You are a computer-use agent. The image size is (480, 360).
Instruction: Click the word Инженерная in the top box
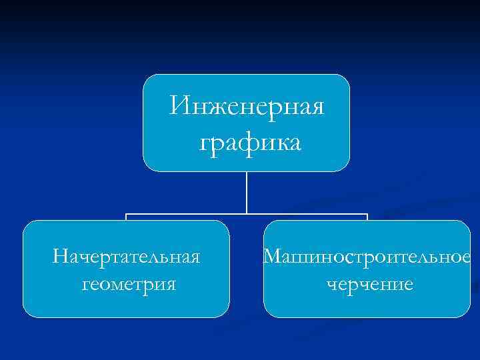[247, 106]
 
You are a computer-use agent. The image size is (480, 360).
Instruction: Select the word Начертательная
[127, 256]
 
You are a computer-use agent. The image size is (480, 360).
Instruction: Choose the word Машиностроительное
[367, 256]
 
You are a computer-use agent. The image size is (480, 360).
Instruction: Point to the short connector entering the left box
[127, 217]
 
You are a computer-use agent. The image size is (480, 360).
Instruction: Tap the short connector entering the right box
[367, 217]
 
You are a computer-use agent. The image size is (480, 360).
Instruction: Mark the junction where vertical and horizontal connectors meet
[247, 215]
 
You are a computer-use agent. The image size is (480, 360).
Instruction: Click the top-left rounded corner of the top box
[147, 78]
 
